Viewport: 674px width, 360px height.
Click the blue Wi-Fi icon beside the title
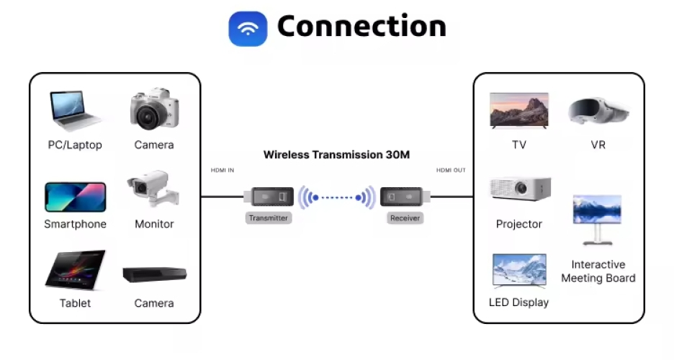point(248,29)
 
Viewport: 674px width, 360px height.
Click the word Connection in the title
point(361,27)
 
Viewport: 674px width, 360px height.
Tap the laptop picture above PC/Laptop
point(75,110)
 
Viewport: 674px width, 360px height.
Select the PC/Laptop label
point(75,145)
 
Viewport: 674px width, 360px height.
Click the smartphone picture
point(75,197)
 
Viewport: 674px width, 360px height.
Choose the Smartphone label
point(75,224)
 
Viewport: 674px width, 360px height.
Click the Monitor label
point(154,224)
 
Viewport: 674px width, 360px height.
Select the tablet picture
point(75,269)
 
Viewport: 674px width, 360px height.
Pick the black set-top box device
point(154,274)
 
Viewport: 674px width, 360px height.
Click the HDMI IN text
point(222,170)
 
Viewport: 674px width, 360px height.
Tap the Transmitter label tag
point(268,217)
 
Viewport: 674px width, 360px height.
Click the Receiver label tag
point(405,217)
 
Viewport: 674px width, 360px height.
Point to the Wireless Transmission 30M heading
point(336,155)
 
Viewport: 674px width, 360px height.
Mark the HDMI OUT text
point(451,170)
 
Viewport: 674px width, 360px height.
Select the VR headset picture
point(598,112)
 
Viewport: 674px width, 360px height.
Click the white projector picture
point(520,189)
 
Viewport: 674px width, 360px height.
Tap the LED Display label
point(518,302)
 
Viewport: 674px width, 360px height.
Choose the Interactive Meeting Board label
point(598,271)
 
